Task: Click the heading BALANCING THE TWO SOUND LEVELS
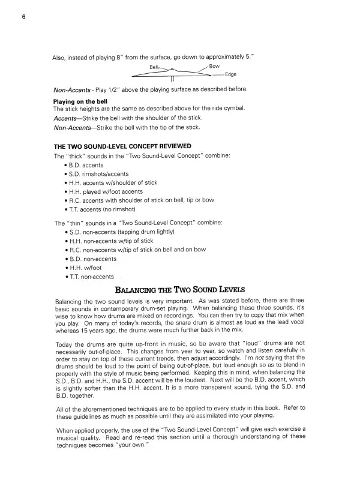click(x=180, y=290)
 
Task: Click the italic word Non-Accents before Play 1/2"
click(x=72, y=90)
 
